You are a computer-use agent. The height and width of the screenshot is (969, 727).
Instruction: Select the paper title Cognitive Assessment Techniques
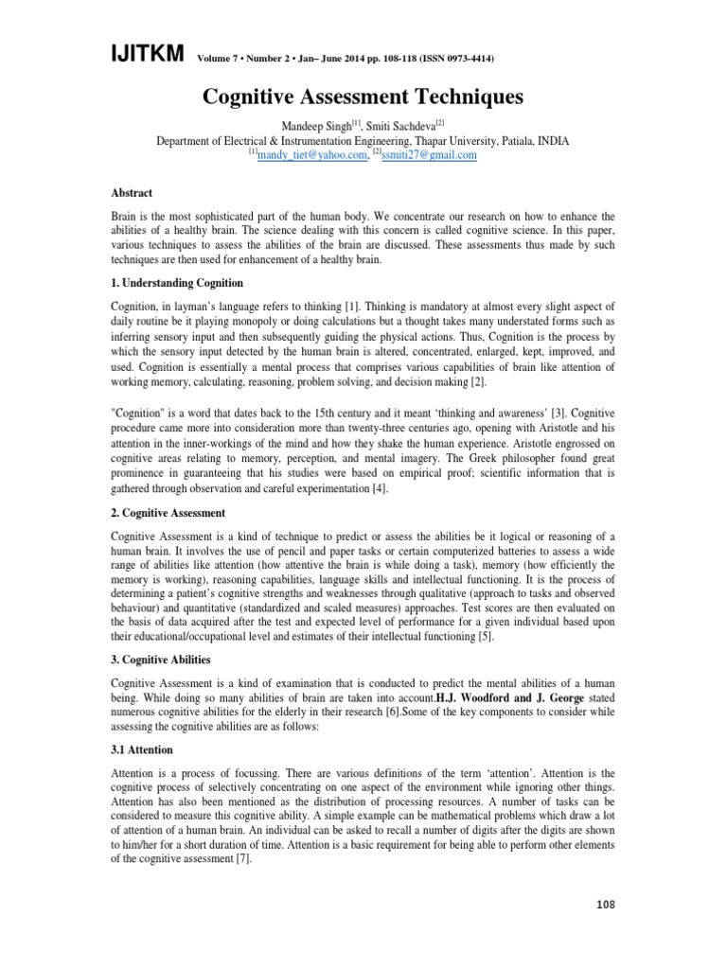click(363, 97)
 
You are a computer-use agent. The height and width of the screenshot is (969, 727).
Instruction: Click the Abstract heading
click(132, 192)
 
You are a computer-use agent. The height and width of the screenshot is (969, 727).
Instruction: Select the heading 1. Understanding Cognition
click(177, 283)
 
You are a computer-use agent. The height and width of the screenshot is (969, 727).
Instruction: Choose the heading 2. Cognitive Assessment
click(168, 513)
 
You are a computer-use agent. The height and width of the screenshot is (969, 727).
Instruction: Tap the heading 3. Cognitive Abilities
click(161, 660)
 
